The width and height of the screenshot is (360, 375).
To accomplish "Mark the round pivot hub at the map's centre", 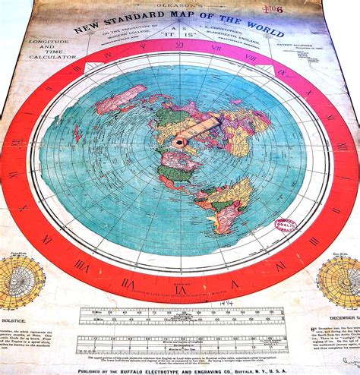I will click(179, 142).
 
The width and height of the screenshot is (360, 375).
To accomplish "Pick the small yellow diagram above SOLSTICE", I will click(21, 281).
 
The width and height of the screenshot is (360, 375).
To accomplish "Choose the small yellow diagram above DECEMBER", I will click(340, 281).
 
